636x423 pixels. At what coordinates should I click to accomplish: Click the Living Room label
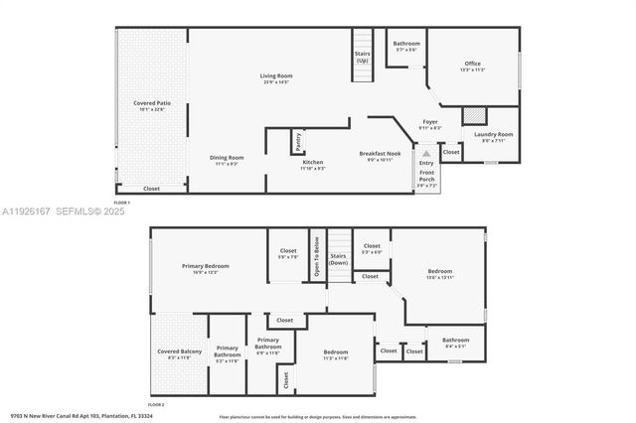pos(276,76)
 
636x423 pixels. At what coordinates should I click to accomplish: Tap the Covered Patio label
pos(152,103)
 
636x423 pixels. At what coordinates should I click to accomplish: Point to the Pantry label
pos(297,142)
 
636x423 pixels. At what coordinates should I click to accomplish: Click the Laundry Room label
pos(493,134)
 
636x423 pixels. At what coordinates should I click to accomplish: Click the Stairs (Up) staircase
pos(362,55)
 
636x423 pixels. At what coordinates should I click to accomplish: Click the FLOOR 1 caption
pos(122,203)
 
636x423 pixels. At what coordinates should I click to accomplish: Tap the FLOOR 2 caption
pos(155,405)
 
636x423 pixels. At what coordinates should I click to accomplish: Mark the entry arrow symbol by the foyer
pos(426,154)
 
